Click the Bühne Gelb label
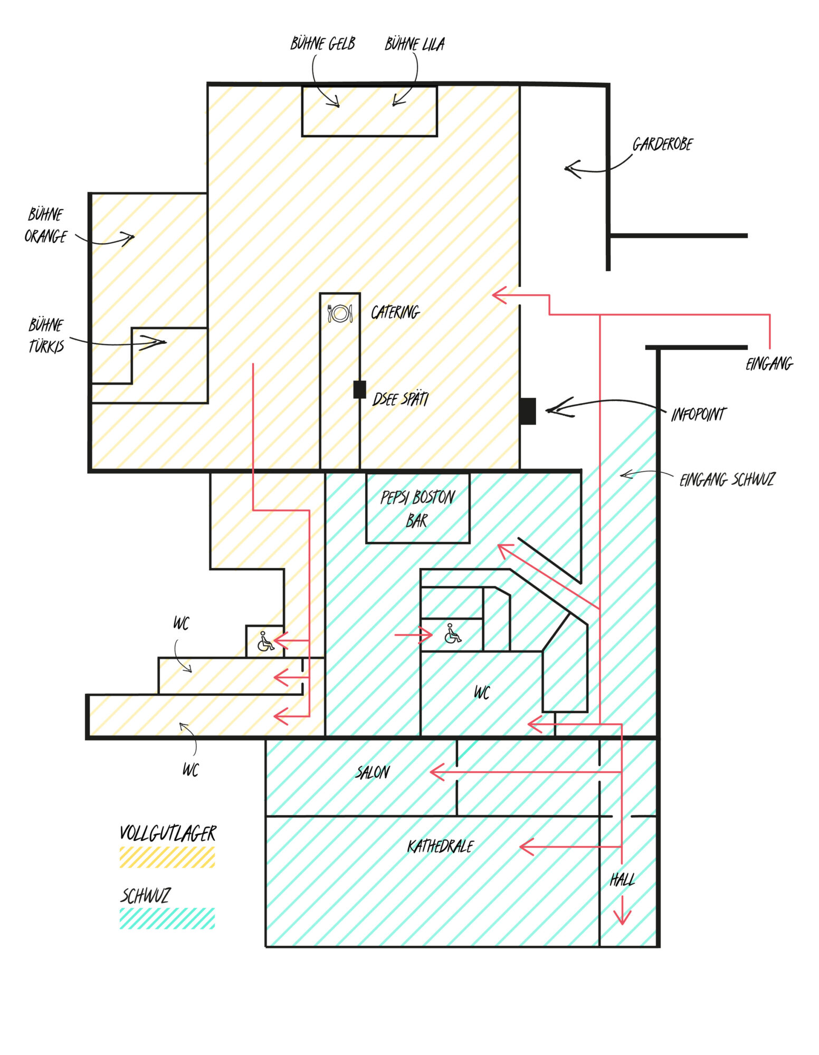(322, 43)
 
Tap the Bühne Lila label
(415, 44)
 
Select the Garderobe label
(662, 144)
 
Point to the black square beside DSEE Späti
(359, 389)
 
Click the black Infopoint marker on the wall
(528, 411)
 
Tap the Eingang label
(769, 363)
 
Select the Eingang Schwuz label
(727, 479)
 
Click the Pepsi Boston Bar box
(417, 508)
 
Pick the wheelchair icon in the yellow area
(265, 641)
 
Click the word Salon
(372, 773)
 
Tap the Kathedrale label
(440, 847)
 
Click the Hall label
(622, 879)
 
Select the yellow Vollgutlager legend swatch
(167, 857)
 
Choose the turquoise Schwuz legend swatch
(167, 918)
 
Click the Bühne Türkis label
(46, 335)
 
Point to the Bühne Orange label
(45, 225)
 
